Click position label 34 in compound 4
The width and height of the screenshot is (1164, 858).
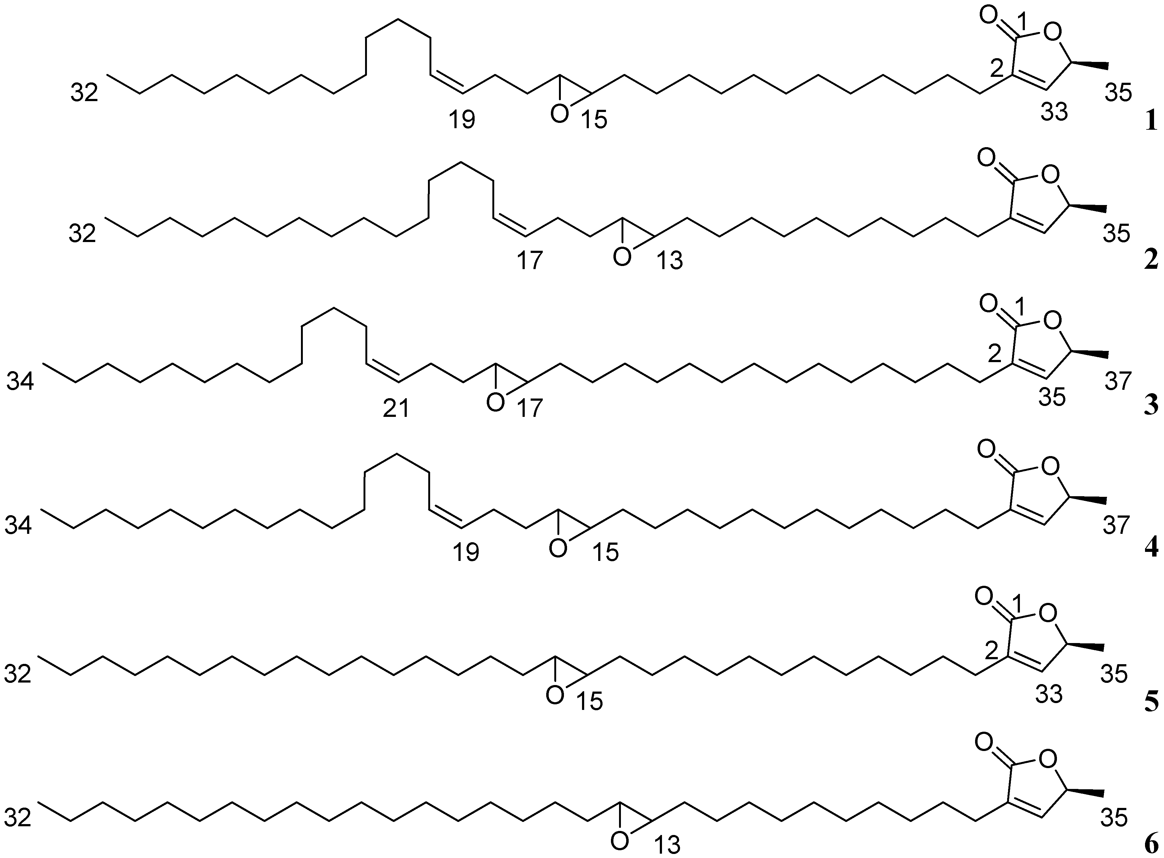[19, 527]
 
